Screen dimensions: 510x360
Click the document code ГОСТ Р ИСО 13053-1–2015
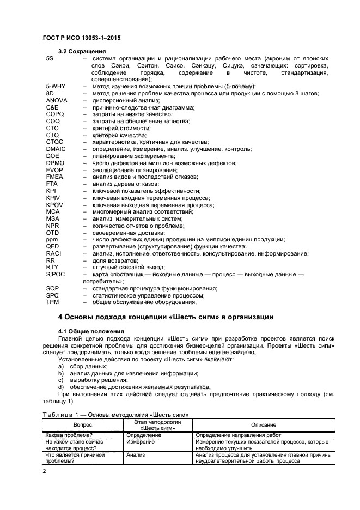[81, 38]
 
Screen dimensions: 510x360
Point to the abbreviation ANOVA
[57, 101]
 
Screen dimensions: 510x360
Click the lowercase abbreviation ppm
[52, 240]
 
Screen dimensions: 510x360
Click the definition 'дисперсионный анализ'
[123, 101]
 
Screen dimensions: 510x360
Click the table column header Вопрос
[83, 424]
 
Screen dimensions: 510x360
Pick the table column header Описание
[264, 424]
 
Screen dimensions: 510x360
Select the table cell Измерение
[141, 442]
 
